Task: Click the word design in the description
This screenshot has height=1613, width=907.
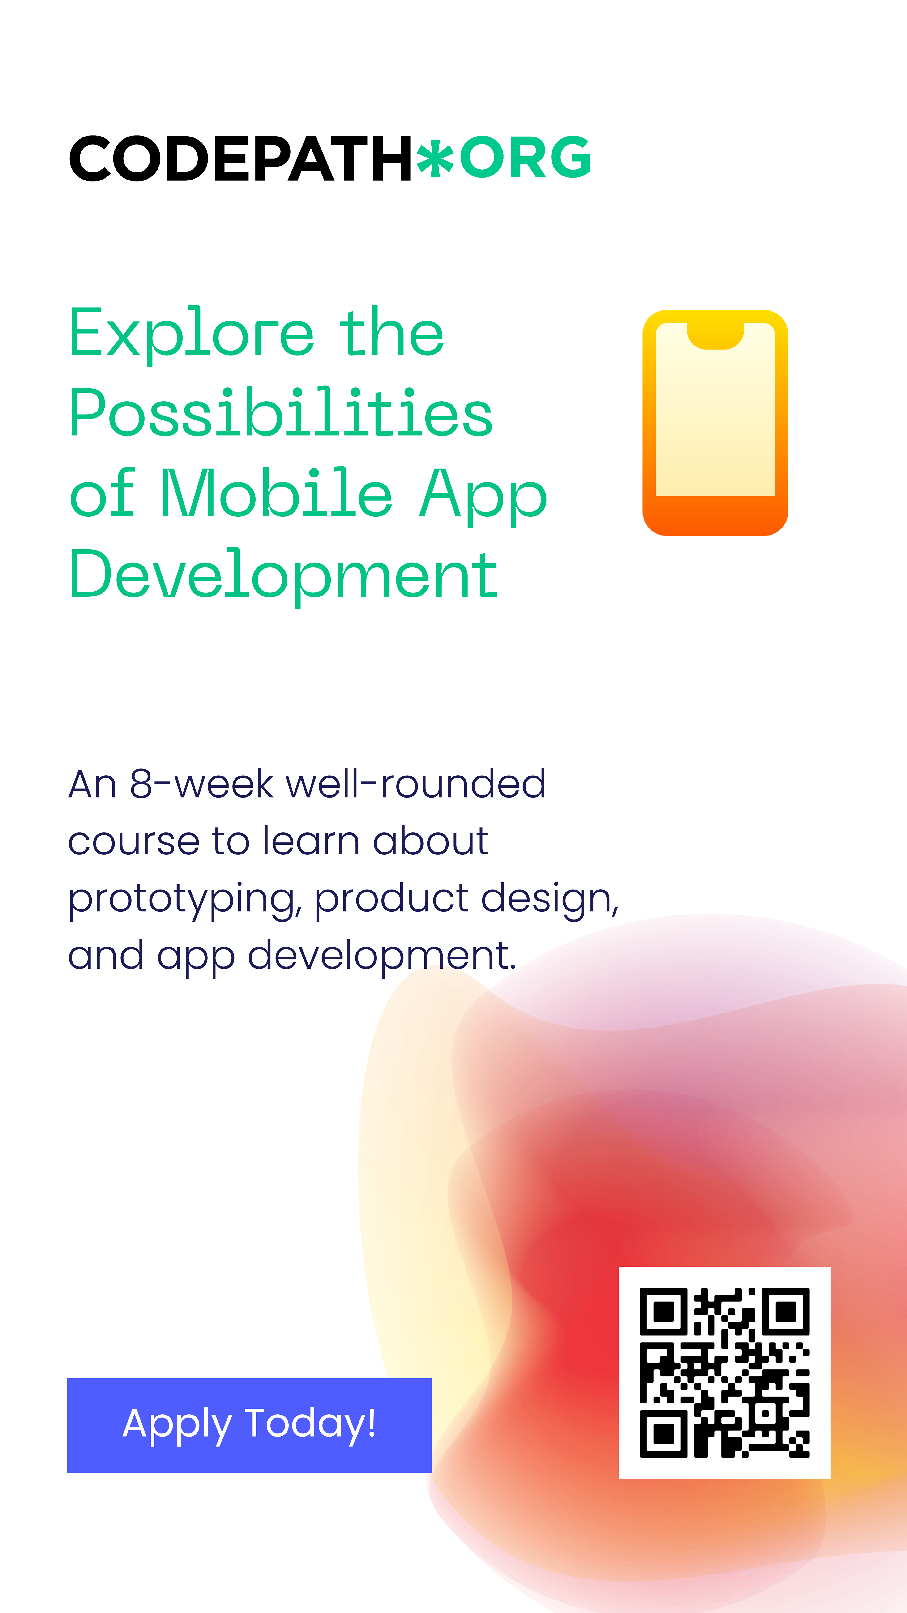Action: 550,899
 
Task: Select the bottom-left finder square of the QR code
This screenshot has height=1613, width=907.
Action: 663,1433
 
